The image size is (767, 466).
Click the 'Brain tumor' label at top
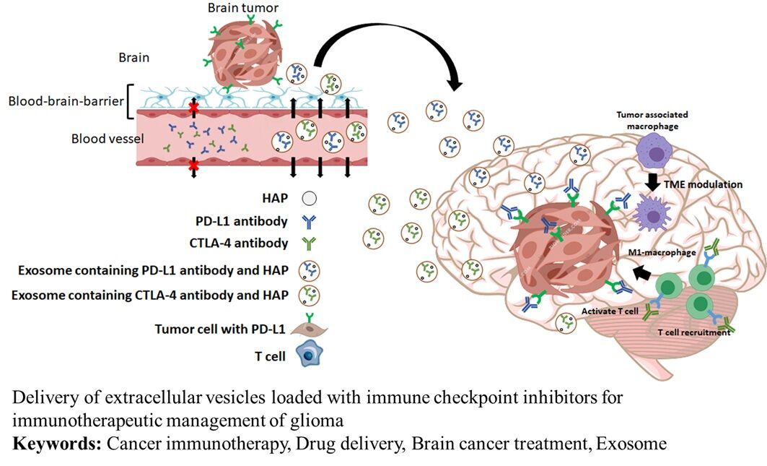[x=242, y=9]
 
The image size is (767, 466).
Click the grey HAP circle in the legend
[x=309, y=196]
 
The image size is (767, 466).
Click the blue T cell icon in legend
[x=310, y=356]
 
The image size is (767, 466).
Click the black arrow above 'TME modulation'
[x=652, y=182]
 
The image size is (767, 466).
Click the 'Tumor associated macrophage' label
[x=652, y=119]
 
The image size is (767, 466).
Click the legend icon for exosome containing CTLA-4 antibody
[x=310, y=294]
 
